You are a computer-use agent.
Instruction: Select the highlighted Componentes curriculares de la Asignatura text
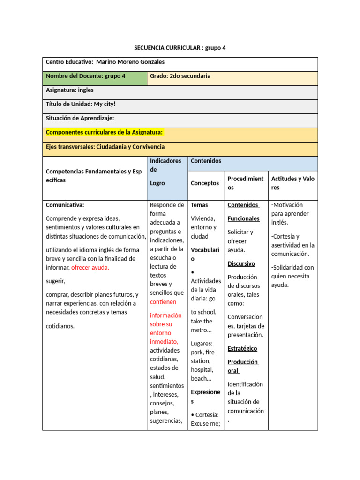(104, 133)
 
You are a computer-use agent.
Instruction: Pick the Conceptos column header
(204, 183)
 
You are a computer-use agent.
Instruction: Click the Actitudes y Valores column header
(292, 183)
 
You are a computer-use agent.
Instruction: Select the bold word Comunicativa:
(65, 205)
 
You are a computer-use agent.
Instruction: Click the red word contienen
(163, 302)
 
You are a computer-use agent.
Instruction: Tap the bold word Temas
(199, 205)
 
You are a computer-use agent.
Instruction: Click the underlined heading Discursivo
(241, 263)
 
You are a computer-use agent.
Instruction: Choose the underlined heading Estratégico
(242, 348)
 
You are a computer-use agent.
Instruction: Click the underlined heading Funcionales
(243, 218)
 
